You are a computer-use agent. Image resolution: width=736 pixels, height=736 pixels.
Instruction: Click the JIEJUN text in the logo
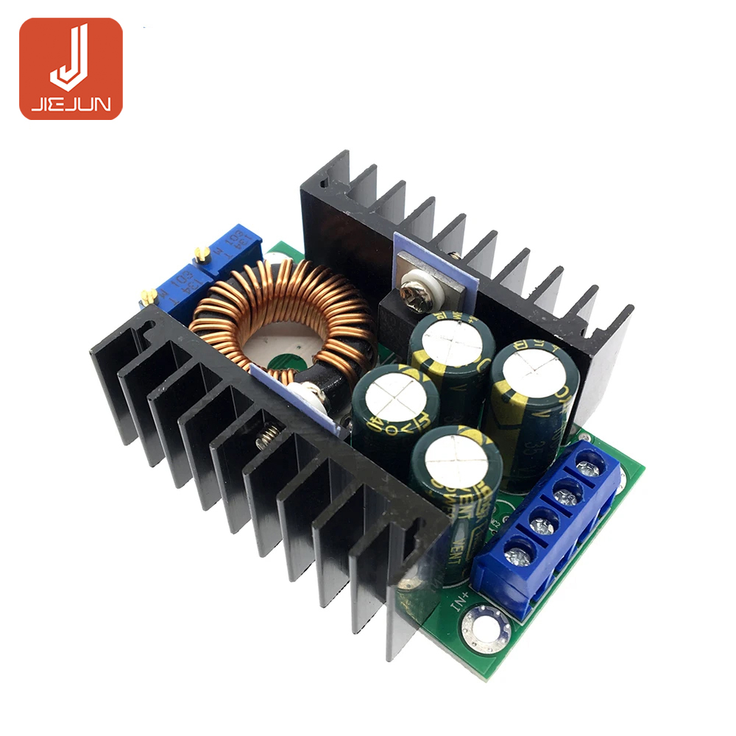(x=71, y=105)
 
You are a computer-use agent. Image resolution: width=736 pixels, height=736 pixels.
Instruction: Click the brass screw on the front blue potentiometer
(x=149, y=296)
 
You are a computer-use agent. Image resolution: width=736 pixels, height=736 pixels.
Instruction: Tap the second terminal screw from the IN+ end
(x=543, y=525)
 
